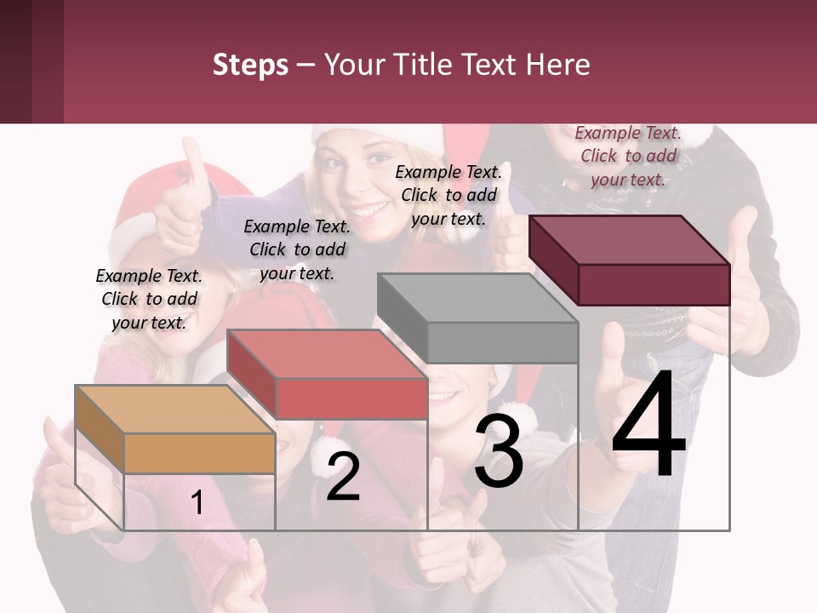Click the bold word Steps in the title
point(250,65)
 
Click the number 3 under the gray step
point(499,451)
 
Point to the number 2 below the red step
point(343,477)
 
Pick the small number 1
point(197,503)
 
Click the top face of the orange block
point(174,409)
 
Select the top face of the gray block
point(477,298)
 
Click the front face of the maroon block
point(654,284)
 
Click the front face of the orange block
point(199,453)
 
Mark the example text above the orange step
point(149,299)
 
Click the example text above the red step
point(297,249)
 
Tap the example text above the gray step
point(448,195)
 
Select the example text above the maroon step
point(628,156)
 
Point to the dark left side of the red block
point(251,375)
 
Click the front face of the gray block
point(502,343)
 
